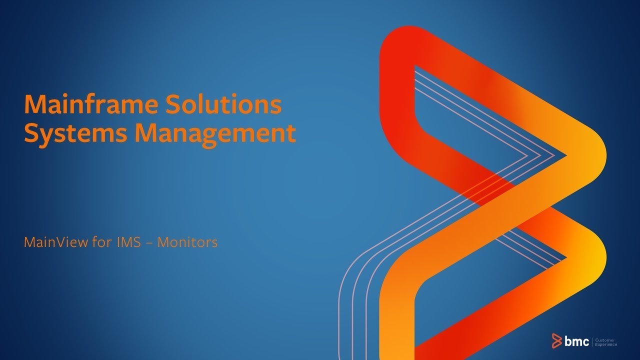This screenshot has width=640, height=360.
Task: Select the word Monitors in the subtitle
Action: tap(187, 243)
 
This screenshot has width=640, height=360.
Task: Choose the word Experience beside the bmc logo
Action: tap(606, 344)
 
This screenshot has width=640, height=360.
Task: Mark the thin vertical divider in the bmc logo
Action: tap(592, 341)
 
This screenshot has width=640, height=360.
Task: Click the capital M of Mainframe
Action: tap(33, 104)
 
